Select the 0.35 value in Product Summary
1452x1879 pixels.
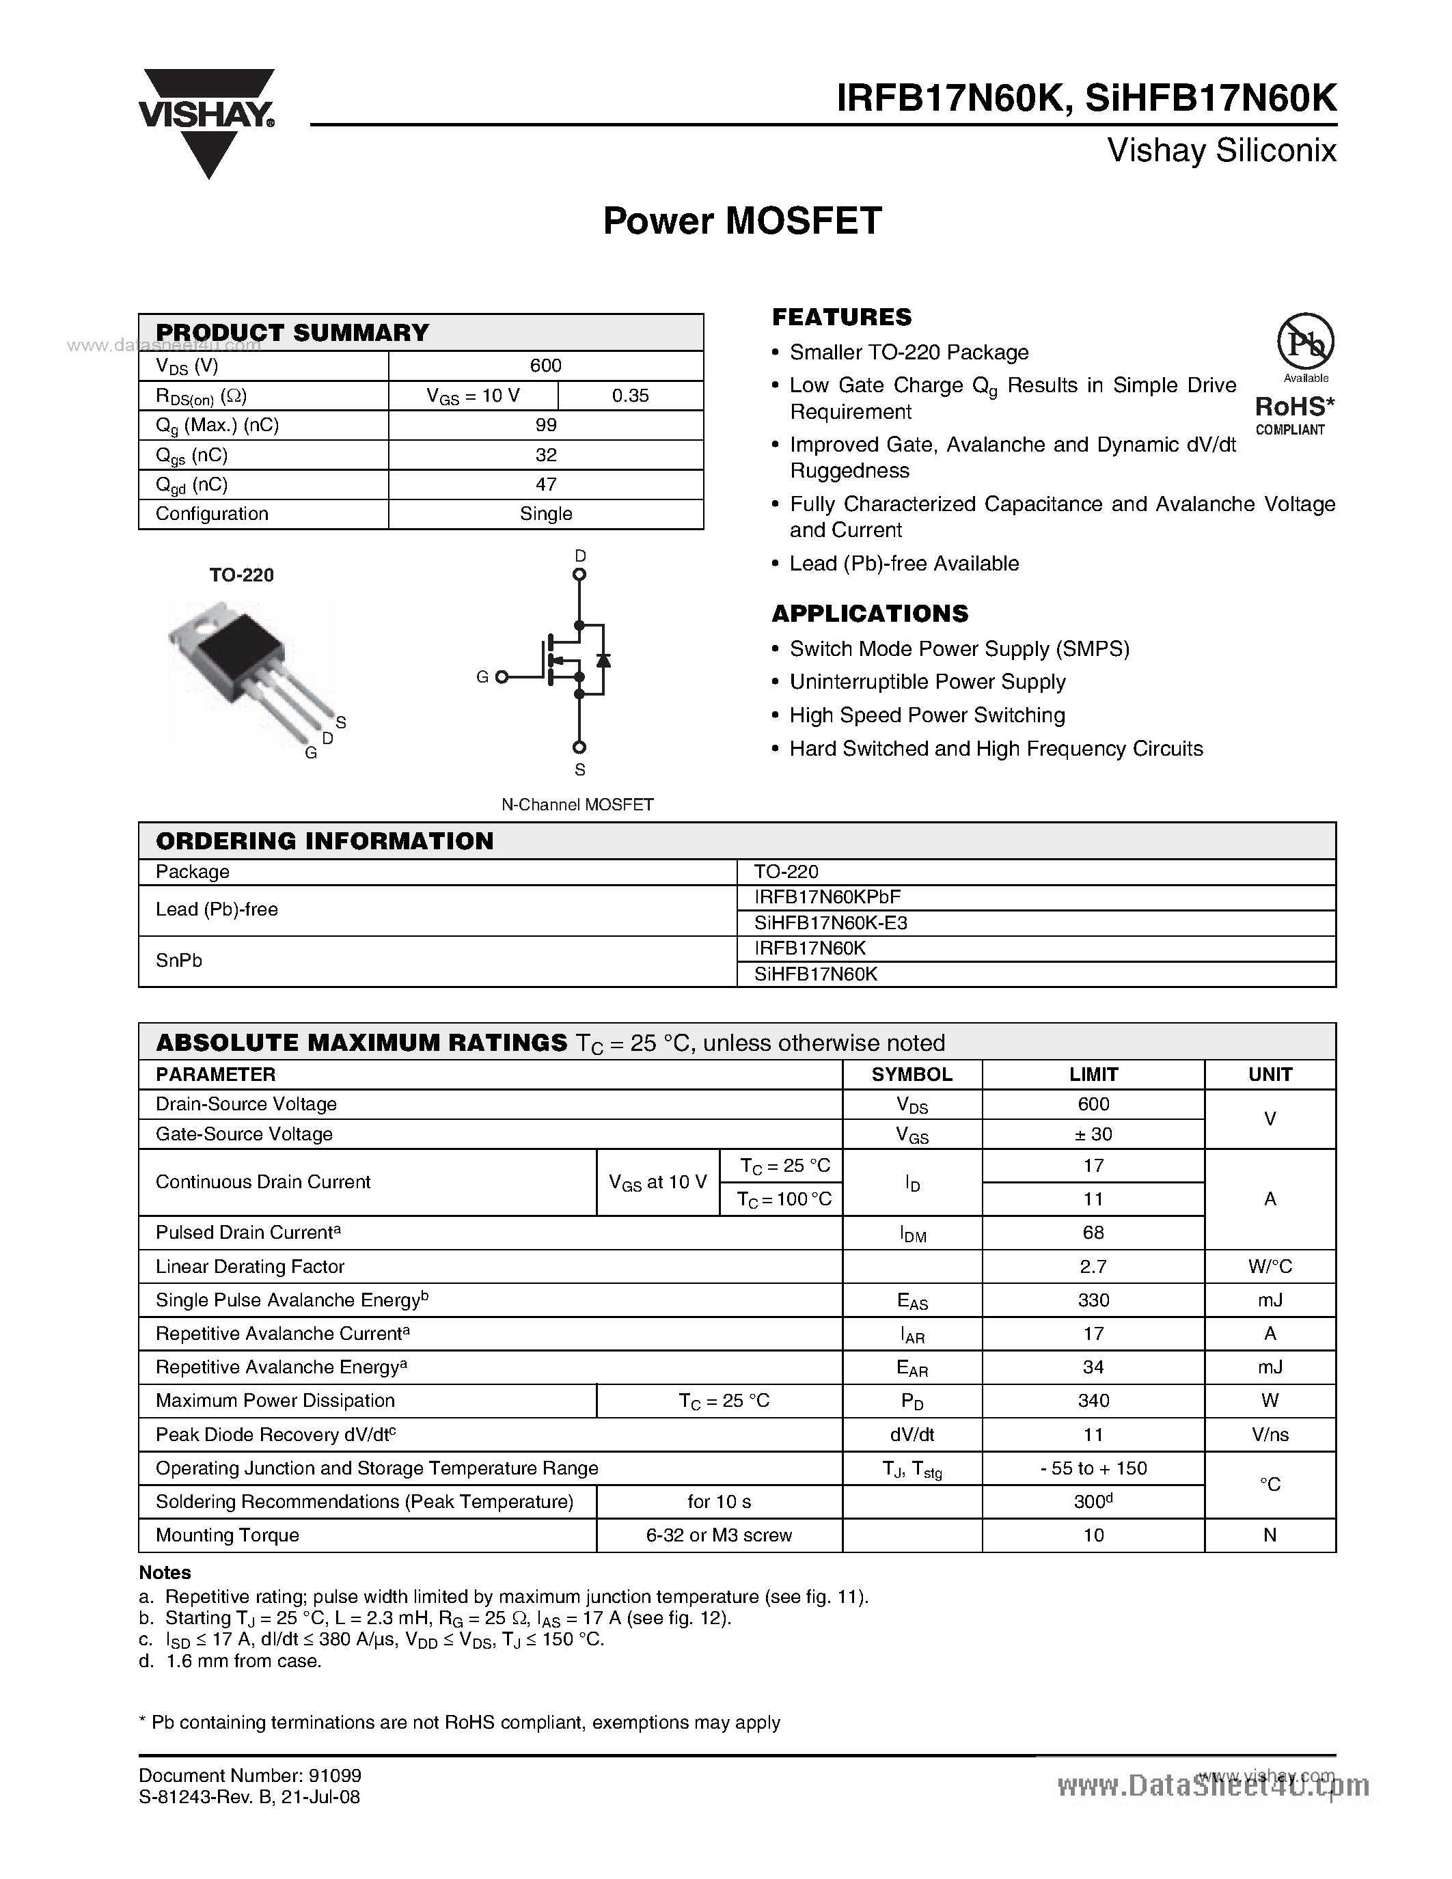coord(630,396)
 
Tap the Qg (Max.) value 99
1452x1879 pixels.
coord(545,425)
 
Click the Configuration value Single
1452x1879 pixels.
coord(545,514)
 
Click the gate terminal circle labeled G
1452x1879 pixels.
coord(502,677)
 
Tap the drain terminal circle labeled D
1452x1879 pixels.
coord(579,574)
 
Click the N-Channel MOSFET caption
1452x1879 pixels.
coord(577,804)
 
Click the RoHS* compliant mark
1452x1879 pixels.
coord(1293,414)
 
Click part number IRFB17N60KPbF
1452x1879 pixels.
coord(827,896)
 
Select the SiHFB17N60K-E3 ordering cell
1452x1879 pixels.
coord(830,922)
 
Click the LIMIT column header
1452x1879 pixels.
coord(1093,1075)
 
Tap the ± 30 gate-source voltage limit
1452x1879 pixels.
coord(1093,1134)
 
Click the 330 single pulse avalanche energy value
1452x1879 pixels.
coord(1093,1300)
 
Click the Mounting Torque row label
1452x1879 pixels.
coord(227,1535)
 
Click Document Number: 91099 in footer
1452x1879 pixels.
coord(249,1776)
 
